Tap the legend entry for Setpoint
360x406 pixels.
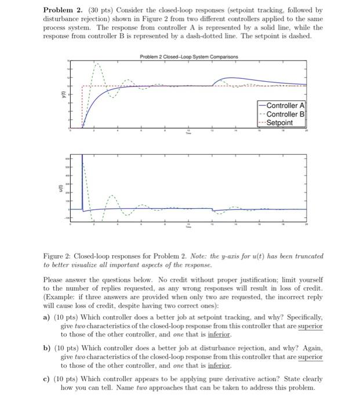point(281,123)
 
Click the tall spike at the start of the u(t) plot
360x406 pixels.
point(82,168)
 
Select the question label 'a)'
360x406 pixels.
point(48,318)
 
